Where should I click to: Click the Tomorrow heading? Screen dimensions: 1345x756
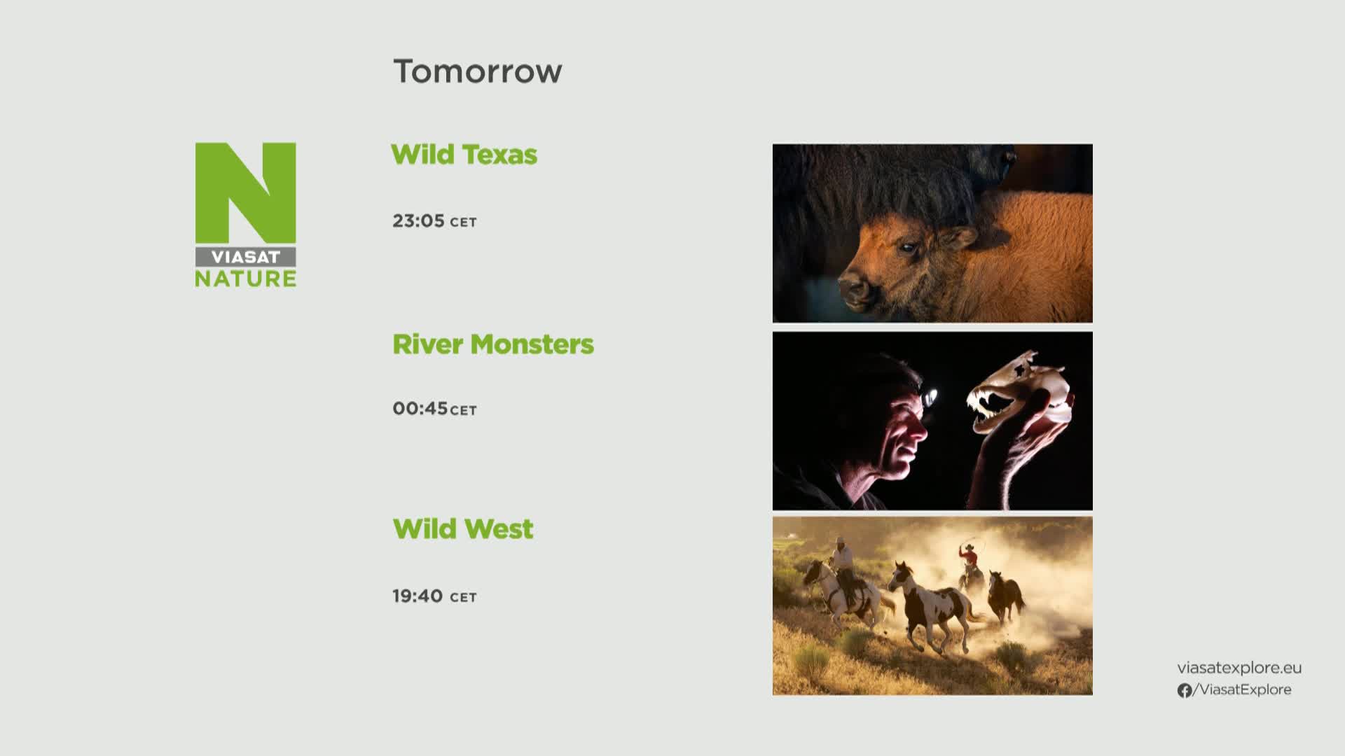click(x=478, y=71)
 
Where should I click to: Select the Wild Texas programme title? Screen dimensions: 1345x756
click(x=464, y=155)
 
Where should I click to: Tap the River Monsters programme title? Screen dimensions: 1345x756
click(x=493, y=344)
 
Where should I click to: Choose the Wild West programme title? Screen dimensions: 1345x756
click(x=463, y=529)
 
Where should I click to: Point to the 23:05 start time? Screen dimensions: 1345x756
click(x=418, y=220)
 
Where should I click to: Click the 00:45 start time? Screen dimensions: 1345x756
click(x=420, y=408)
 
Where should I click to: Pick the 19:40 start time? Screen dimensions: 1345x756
click(x=418, y=596)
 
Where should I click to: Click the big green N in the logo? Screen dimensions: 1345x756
click(x=245, y=193)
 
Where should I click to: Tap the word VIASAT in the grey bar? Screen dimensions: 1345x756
click(x=245, y=257)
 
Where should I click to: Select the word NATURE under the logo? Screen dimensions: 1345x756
click(x=245, y=279)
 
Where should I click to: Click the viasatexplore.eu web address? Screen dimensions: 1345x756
click(x=1239, y=668)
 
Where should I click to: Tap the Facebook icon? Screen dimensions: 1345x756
click(x=1185, y=690)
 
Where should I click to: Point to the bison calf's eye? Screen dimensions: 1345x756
click(x=908, y=247)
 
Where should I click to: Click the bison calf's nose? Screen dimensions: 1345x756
click(x=850, y=288)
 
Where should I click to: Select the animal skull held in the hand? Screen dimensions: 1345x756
click(x=1020, y=392)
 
